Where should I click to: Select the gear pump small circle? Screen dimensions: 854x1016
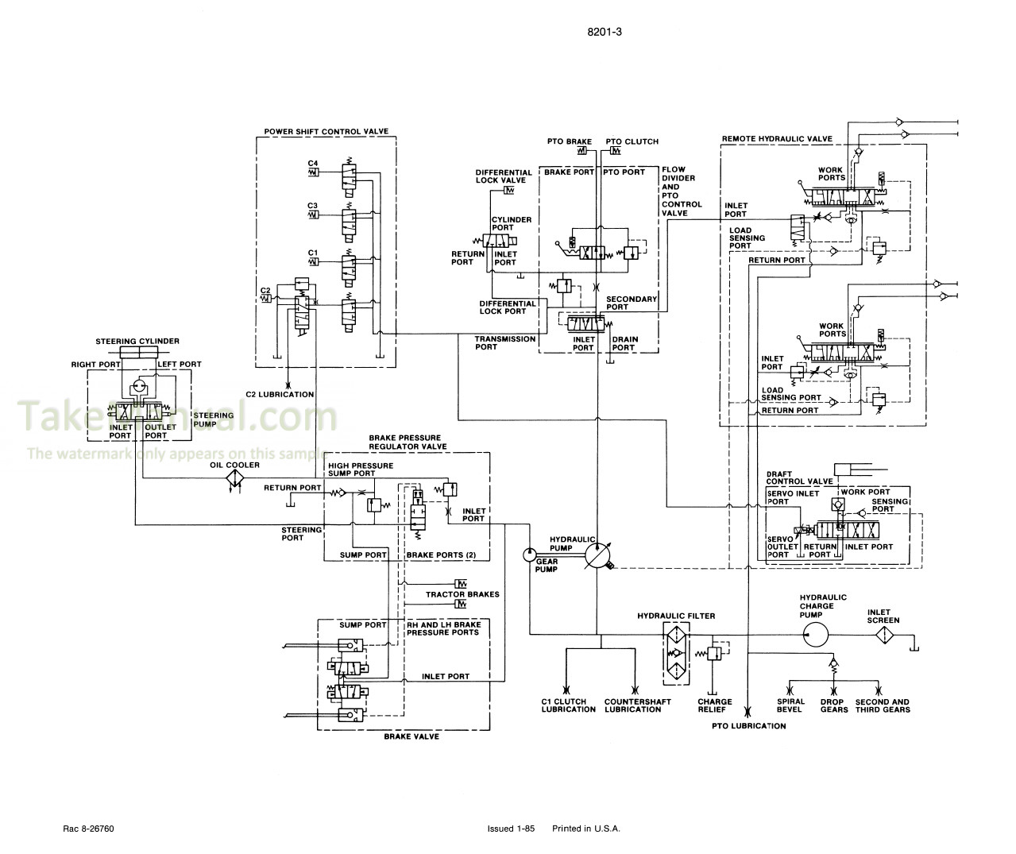pyautogui.click(x=529, y=555)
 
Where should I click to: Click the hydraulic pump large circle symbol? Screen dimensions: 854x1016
pyautogui.click(x=596, y=555)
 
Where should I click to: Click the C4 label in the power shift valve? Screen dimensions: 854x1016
pyautogui.click(x=313, y=163)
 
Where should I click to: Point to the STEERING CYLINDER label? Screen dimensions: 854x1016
pyautogui.click(x=137, y=341)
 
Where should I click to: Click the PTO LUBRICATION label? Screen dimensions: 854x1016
pyautogui.click(x=748, y=725)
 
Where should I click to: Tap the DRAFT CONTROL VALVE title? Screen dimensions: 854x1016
pyautogui.click(x=799, y=477)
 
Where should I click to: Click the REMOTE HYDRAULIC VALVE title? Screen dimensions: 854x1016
pyautogui.click(x=777, y=139)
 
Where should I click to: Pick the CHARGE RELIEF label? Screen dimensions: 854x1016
pyautogui.click(x=715, y=705)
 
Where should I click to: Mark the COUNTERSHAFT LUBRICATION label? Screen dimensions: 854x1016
pyautogui.click(x=632, y=705)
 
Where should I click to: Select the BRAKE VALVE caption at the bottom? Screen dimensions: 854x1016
pyautogui.click(x=411, y=736)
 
